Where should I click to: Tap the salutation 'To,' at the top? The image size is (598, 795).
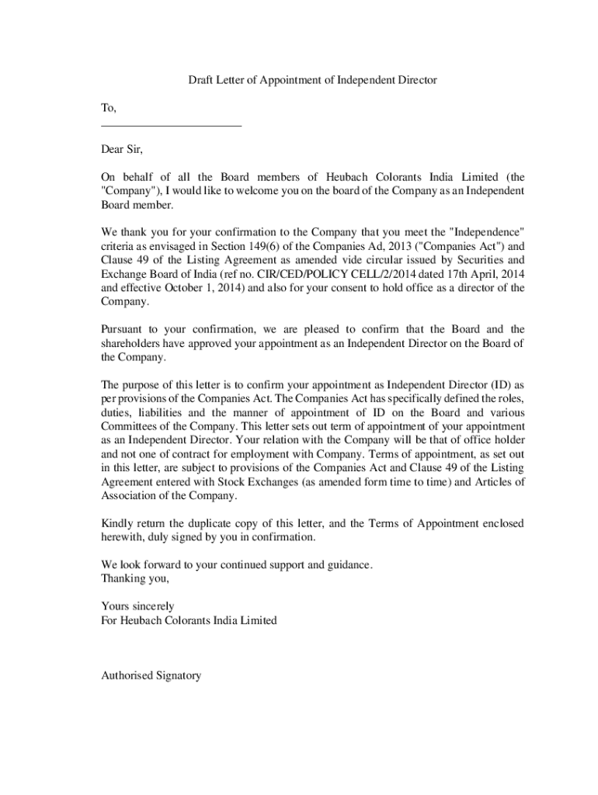[x=109, y=109]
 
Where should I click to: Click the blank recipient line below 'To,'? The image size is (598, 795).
[x=171, y=125]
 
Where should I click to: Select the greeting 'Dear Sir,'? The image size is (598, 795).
[x=122, y=148]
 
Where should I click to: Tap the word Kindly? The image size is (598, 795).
[x=117, y=523]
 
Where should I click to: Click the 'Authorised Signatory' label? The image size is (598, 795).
[x=151, y=675]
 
